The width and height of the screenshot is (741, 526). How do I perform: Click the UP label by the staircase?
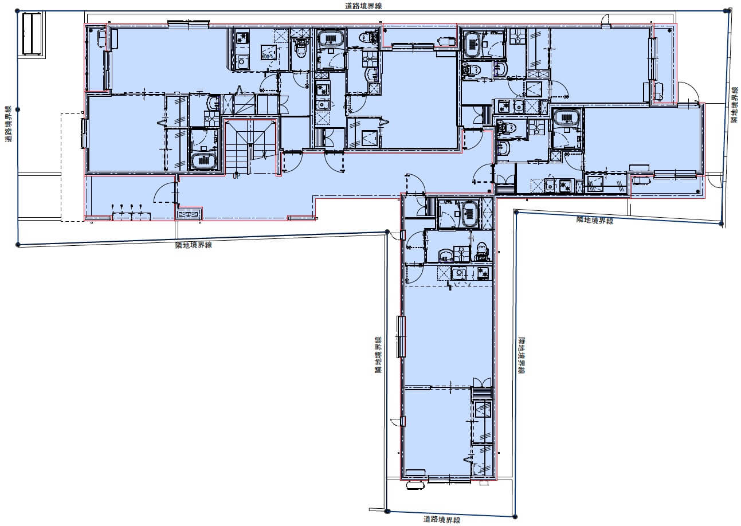(x=236, y=176)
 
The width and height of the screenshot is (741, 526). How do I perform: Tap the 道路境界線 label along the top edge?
(x=363, y=6)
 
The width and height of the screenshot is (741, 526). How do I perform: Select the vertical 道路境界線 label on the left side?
(x=8, y=124)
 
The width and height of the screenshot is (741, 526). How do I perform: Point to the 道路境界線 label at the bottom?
(x=442, y=519)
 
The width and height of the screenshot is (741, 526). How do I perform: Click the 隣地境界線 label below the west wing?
(x=194, y=245)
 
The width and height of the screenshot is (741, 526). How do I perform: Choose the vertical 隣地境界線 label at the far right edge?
(x=734, y=105)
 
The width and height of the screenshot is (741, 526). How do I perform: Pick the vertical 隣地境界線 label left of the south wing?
(x=378, y=355)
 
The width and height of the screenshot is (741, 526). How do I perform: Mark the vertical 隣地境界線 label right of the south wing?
(x=522, y=355)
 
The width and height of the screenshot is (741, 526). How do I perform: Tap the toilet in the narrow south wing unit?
(x=482, y=251)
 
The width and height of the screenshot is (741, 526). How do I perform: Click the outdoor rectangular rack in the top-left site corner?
(x=32, y=33)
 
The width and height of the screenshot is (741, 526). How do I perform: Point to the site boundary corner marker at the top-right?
(x=727, y=11)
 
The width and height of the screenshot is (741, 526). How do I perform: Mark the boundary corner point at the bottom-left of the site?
(x=18, y=245)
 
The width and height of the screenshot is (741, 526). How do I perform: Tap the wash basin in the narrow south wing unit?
(x=445, y=254)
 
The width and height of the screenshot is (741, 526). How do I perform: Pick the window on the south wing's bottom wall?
(x=449, y=480)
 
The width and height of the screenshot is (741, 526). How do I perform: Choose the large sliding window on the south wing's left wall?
(x=401, y=337)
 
